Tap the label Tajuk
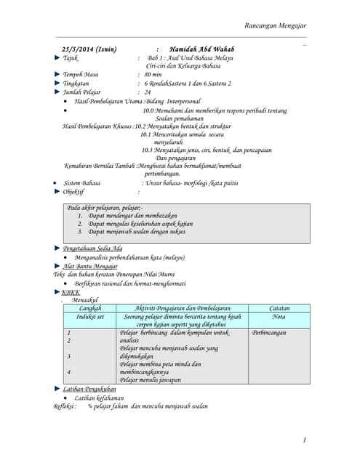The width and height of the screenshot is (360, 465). point(71,57)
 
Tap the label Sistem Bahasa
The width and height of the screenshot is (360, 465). point(81,183)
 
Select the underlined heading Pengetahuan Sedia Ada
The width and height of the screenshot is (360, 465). point(93,248)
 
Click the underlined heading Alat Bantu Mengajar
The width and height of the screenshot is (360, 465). point(90,267)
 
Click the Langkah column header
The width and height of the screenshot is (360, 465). point(90,309)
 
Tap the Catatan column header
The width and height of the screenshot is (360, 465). point(279,309)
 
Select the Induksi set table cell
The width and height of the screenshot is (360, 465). point(90,318)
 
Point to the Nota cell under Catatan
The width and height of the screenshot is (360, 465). point(279,318)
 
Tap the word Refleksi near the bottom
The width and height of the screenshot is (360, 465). point(65,406)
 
